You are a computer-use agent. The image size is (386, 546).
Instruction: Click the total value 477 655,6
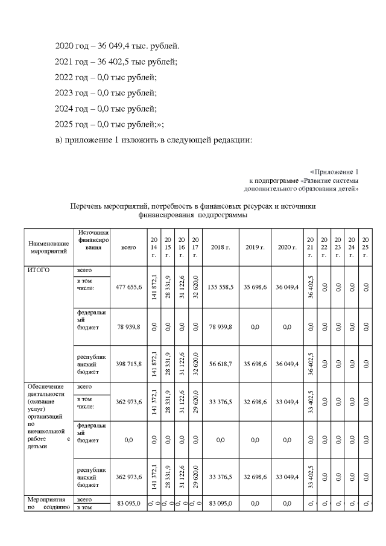(128, 287)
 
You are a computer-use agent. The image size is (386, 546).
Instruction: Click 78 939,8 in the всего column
(128, 326)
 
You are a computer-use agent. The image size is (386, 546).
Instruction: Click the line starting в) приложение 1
(153, 141)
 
